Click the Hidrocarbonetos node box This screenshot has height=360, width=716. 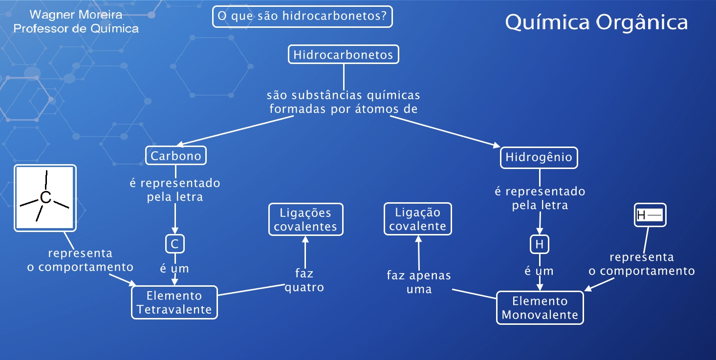[x=344, y=54]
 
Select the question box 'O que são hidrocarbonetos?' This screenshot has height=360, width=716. [x=303, y=17]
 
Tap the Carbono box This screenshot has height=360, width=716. [x=176, y=156]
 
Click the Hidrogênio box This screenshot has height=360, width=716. [x=539, y=158]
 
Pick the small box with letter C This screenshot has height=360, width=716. [x=175, y=244]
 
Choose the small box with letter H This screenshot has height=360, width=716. [x=540, y=244]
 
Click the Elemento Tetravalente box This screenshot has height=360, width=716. [x=174, y=302]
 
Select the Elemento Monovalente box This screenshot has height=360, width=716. [x=540, y=308]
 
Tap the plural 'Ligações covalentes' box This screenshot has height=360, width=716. [x=305, y=219]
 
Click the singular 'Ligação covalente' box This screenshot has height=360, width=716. [x=418, y=219]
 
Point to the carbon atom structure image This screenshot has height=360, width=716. [x=45, y=197]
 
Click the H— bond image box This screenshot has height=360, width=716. [x=650, y=215]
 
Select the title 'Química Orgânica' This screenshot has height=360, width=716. [x=596, y=22]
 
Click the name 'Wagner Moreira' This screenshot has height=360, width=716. [x=76, y=15]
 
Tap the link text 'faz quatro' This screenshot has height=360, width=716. [x=304, y=280]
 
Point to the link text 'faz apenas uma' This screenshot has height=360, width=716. [x=419, y=282]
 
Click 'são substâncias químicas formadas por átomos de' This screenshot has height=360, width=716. [x=344, y=102]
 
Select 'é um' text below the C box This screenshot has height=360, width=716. [x=175, y=269]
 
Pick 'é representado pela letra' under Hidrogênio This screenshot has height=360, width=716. [x=540, y=198]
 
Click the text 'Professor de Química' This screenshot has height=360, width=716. [x=76, y=29]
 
